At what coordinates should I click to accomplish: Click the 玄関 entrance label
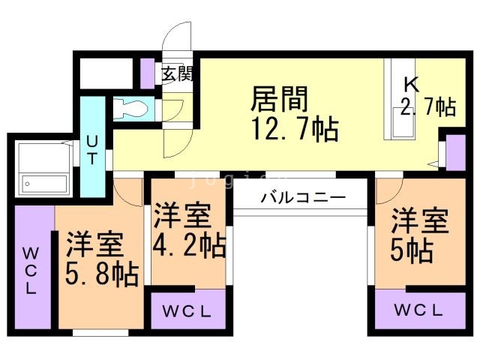click(x=177, y=73)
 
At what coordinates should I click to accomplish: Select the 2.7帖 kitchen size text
click(x=427, y=106)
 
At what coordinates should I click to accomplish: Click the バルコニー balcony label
click(x=302, y=198)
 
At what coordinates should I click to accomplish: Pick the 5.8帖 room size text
click(x=102, y=274)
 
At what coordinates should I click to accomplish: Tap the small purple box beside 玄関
click(x=147, y=73)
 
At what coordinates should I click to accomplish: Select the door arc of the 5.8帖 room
click(x=129, y=192)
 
